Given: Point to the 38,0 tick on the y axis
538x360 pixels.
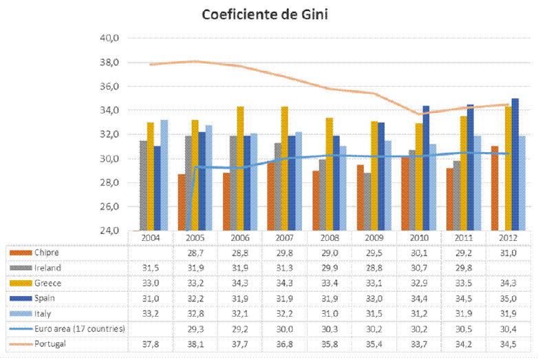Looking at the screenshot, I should click(x=110, y=63).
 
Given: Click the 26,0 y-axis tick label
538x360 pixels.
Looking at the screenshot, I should click(x=110, y=207).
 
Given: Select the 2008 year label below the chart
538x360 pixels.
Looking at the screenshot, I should click(x=330, y=237).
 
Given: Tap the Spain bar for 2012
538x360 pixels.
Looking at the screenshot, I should click(x=515, y=165).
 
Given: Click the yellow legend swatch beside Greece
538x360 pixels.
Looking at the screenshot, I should click(x=21, y=283).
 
